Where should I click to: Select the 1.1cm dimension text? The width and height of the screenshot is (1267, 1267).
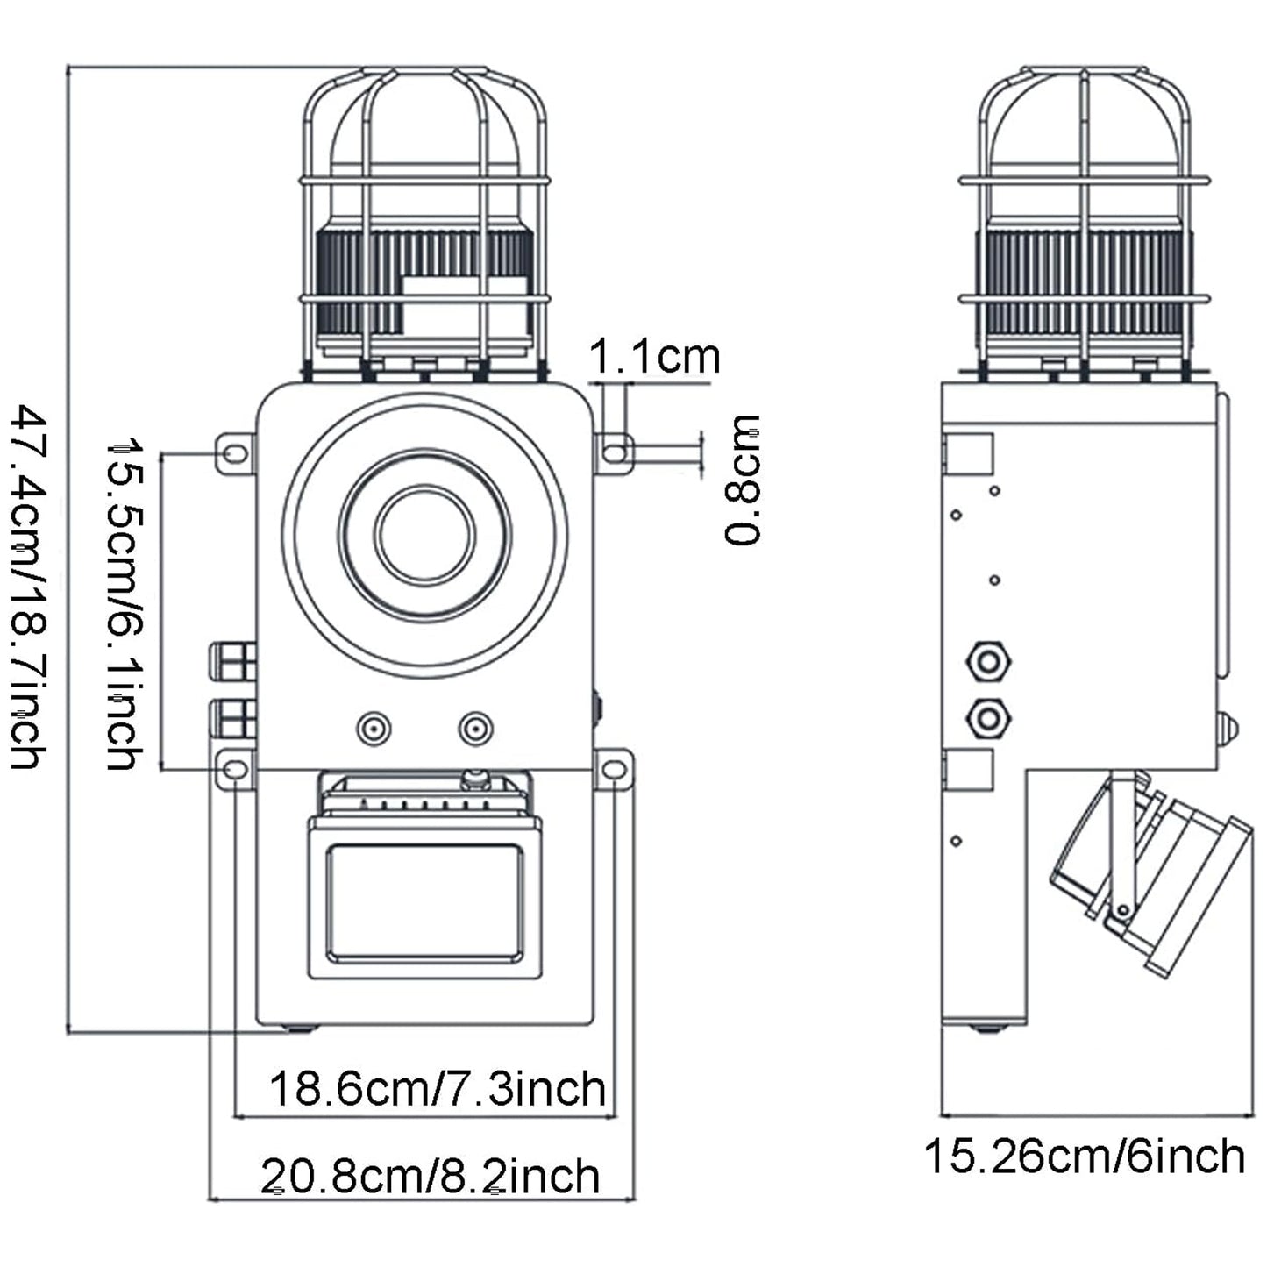tap(653, 357)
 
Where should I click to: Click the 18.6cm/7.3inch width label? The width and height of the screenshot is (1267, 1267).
tap(438, 1089)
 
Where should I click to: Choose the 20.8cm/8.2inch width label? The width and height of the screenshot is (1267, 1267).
tap(431, 1176)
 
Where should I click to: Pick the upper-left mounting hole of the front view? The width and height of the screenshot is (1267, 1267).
tap(235, 453)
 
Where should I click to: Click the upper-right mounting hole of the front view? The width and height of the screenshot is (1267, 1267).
tap(616, 452)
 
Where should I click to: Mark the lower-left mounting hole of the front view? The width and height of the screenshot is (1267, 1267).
tap(235, 770)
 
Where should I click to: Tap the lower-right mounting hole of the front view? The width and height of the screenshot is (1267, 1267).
tap(615, 770)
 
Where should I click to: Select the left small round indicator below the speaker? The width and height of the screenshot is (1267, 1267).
tap(374, 729)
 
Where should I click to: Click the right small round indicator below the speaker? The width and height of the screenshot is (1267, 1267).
tap(475, 729)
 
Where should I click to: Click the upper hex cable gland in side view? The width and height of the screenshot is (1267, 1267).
tap(988, 661)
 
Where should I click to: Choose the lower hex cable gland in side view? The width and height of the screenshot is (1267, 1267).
tap(988, 719)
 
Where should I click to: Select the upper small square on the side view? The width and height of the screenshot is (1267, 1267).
tap(968, 454)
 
